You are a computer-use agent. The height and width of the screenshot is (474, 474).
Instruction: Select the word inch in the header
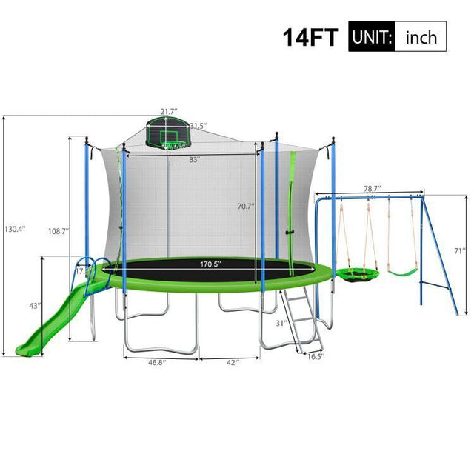click(420, 36)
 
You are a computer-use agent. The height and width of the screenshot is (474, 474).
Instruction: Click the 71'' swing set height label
click(460, 251)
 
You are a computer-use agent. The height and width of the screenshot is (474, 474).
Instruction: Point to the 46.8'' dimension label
click(156, 364)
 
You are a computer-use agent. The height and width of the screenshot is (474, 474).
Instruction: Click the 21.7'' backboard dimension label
click(169, 111)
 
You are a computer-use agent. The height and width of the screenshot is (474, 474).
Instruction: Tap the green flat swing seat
click(403, 273)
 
